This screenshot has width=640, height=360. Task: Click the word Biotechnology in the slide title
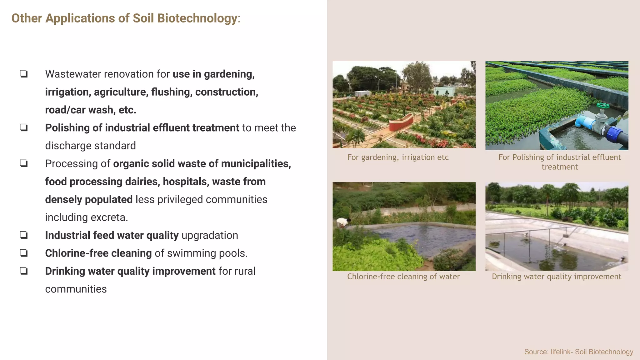click(x=197, y=18)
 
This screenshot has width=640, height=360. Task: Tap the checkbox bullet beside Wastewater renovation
click(x=24, y=74)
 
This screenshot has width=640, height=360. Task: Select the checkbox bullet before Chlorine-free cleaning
click(x=24, y=253)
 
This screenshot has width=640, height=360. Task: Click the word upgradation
click(x=210, y=235)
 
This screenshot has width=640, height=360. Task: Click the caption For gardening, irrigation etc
click(x=398, y=157)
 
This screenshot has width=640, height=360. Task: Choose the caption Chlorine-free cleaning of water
click(x=403, y=277)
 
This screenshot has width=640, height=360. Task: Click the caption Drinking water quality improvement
click(x=557, y=277)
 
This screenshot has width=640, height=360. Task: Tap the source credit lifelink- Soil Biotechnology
click(x=579, y=352)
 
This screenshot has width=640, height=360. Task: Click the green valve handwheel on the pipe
click(x=603, y=106)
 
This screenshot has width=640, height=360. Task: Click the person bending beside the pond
click(x=343, y=222)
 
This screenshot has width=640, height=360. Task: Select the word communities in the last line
click(x=76, y=289)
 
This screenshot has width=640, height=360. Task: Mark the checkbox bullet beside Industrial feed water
click(x=24, y=235)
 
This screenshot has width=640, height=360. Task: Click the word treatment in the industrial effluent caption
click(x=560, y=167)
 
